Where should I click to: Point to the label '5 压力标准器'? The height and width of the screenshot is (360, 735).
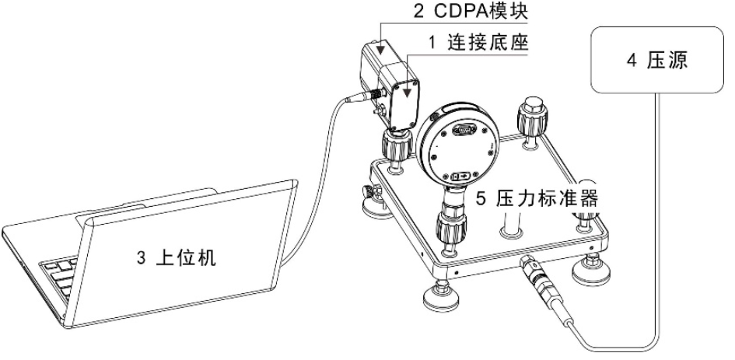point(537,199)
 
